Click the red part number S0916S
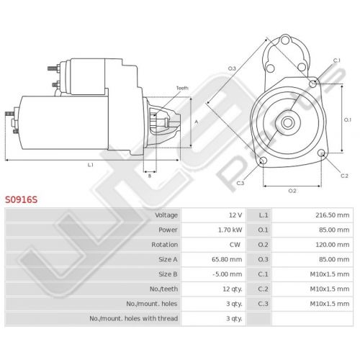[22, 199]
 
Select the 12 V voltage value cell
[235, 215]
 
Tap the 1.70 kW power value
[230, 230]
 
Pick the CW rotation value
[235, 245]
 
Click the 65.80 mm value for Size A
[227, 259]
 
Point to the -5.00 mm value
[228, 274]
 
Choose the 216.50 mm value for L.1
[333, 215]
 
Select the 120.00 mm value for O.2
[333, 245]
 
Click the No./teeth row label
[163, 289]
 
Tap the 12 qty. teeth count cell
[233, 289]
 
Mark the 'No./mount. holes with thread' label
[134, 318]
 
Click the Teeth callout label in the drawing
[182, 88]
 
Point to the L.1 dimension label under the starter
[90, 165]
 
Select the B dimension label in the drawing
[150, 176]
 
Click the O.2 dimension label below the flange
[292, 191]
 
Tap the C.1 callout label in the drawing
[337, 60]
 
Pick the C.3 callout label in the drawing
[240, 184]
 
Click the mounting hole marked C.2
[321, 153]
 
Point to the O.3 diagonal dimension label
[232, 68]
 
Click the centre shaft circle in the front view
[288, 122]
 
